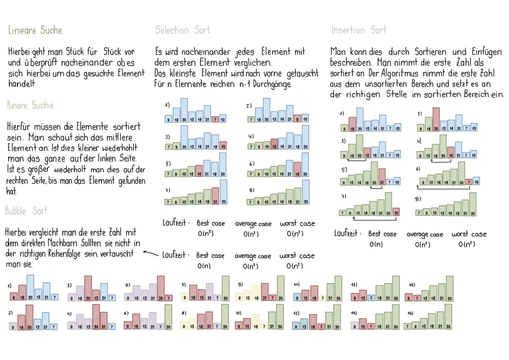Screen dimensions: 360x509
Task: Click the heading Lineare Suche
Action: (x=35, y=30)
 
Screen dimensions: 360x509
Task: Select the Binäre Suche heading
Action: (x=30, y=105)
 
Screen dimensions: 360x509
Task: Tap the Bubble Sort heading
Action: (x=26, y=211)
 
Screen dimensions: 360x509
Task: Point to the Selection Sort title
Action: (x=183, y=30)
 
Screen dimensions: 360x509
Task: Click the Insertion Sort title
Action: (x=359, y=30)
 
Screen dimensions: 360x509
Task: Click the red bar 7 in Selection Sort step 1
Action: (x=215, y=119)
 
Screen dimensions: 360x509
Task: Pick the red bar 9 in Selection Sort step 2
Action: (x=297, y=119)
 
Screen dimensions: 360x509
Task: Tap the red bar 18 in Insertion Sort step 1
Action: (x=352, y=124)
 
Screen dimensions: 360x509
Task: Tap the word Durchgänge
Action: (x=272, y=84)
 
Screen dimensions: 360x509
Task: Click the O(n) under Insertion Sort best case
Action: (x=376, y=244)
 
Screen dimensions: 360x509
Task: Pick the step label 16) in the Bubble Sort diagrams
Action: (x=410, y=313)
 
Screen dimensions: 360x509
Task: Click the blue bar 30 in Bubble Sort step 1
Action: (x=30, y=288)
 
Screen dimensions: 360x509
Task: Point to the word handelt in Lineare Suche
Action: (x=22, y=84)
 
